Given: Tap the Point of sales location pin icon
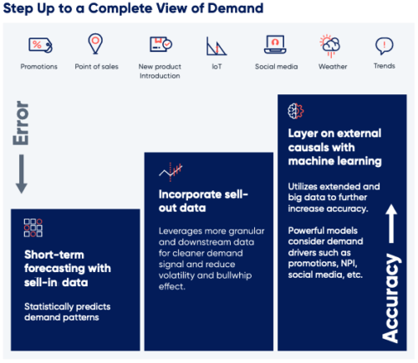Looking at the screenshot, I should (x=96, y=43).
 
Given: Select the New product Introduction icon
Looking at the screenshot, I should (x=161, y=44).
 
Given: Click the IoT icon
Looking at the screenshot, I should (x=214, y=45).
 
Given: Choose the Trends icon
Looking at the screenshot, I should (x=384, y=45).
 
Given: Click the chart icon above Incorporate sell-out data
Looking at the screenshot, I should (x=171, y=172).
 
